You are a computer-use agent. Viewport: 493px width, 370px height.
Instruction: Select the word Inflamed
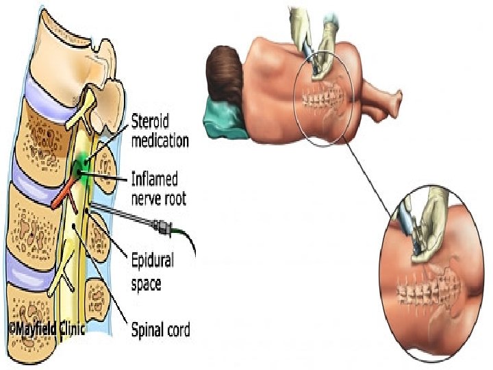[154, 180]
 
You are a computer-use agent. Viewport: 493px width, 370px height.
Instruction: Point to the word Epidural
[152, 261]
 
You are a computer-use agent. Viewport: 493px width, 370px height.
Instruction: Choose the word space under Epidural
[146, 282]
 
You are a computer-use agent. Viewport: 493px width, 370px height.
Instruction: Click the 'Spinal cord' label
[160, 330]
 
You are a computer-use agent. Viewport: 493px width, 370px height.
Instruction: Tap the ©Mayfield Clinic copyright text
[45, 329]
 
